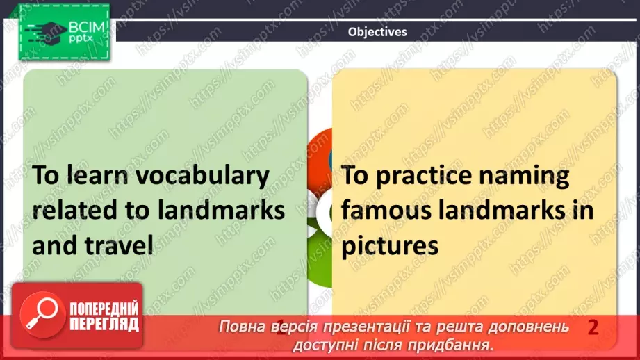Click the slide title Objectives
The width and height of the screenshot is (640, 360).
tap(377, 31)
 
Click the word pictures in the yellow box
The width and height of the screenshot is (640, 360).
tap(389, 245)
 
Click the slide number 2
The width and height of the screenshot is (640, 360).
tap(593, 327)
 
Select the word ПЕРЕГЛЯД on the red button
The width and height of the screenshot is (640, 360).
tap(104, 324)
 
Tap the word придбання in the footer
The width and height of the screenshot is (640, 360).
tap(455, 344)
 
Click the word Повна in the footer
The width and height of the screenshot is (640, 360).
tap(240, 327)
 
